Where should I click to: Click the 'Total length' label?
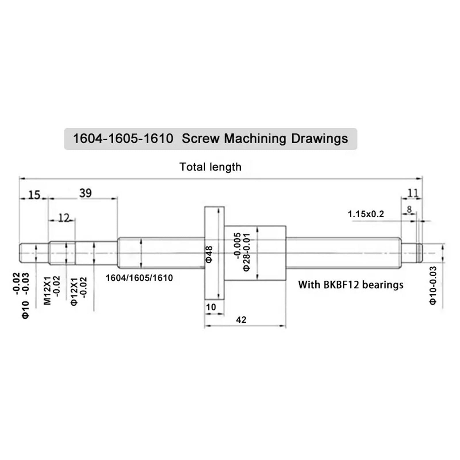coord(210,167)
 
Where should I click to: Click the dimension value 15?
coord(34,195)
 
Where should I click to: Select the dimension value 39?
coord(85,193)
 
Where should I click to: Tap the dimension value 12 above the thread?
coord(64,218)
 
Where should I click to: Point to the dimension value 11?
coord(413,193)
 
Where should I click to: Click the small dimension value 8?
coord(409,209)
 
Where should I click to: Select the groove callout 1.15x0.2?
coord(366,214)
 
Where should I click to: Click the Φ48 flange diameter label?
coord(209,254)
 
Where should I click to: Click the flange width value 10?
coord(211,307)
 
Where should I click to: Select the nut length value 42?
coord(241,320)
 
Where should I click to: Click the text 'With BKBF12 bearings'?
coord(350,285)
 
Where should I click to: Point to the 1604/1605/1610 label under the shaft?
coord(139,278)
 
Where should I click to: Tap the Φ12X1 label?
coord(74,291)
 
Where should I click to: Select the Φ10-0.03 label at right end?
coord(433,285)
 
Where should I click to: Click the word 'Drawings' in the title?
coord(319,139)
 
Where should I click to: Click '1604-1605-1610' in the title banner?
coord(123,139)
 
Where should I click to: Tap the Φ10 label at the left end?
coord(26,310)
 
